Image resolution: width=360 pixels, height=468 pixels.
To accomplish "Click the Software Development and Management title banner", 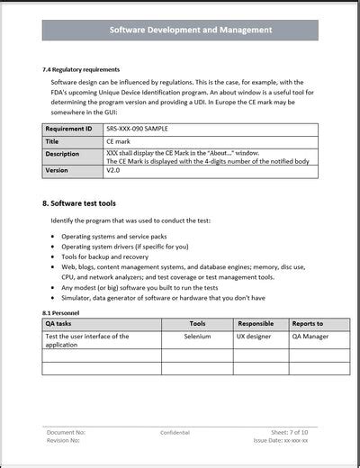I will tap(191, 30).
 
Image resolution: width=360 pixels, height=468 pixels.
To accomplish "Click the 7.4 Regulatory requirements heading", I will tap(82, 69).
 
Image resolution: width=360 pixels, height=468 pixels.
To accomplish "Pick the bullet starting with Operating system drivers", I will tap(125, 247).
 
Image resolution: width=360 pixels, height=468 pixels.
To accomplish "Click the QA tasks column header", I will tap(60, 324).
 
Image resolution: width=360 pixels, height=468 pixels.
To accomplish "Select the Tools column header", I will tap(197, 324).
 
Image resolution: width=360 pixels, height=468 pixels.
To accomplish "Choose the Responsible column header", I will tap(256, 324).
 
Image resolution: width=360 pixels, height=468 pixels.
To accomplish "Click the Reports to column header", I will tap(307, 324).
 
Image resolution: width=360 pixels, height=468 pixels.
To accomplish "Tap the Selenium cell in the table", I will tap(197, 337).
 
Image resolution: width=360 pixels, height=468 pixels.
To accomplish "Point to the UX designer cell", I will tap(256, 337).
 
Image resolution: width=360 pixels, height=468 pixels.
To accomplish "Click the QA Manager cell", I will tap(309, 337).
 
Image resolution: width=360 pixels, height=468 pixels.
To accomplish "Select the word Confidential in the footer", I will tap(175, 432).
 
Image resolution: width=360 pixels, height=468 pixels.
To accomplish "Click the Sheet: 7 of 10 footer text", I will tap(291, 432).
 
